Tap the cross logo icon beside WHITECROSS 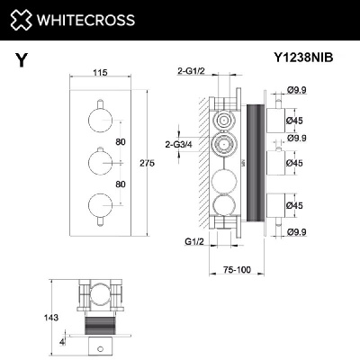point(22,19)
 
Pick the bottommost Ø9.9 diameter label point(295,231)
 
